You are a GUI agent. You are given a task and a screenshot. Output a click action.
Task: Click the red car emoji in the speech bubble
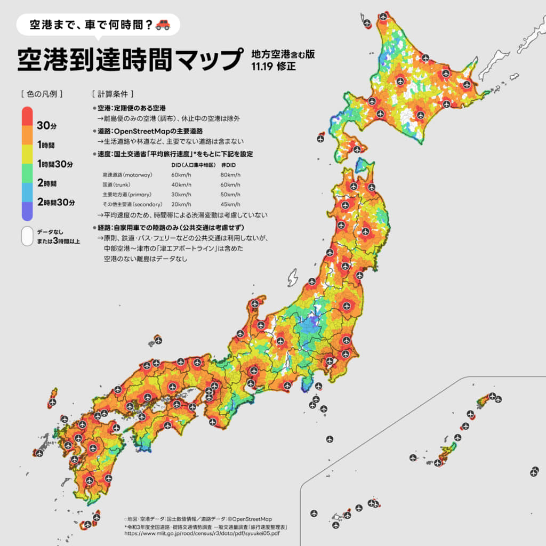tap(163, 25)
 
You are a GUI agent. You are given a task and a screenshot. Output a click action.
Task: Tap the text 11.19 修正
tap(273, 67)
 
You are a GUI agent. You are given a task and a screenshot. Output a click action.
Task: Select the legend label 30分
tap(46, 125)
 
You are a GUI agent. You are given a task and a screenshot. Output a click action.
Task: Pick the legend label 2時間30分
tap(56, 202)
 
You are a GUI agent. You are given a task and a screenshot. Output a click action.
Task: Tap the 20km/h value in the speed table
tap(181, 204)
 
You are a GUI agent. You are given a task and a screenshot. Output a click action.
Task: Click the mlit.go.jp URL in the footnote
tap(202, 533)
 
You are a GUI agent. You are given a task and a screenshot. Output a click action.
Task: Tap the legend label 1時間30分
tap(55, 164)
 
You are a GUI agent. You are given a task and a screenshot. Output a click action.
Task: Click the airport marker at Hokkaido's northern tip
tap(383, 17)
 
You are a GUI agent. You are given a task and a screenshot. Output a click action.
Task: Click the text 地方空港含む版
tap(282, 54)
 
